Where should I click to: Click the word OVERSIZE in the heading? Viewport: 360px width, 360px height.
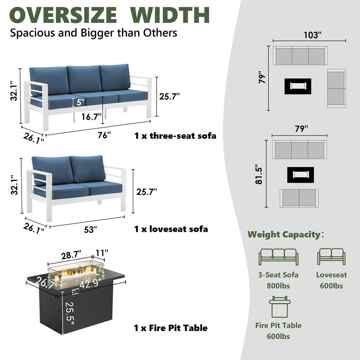pyautogui.click(x=63, y=15)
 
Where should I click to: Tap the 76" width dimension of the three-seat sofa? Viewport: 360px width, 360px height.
pyautogui.click(x=104, y=135)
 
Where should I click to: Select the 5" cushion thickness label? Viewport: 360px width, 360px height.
pyautogui.click(x=81, y=102)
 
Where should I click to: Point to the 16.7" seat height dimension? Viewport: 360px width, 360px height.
pyautogui.click(x=91, y=117)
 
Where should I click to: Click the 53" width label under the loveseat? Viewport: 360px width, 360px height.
pyautogui.click(x=90, y=229)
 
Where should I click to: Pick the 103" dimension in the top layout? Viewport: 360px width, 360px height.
pyautogui.click(x=312, y=35)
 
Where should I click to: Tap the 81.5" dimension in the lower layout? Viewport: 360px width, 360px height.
pyautogui.click(x=259, y=174)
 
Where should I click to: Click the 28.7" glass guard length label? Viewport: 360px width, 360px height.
pyautogui.click(x=71, y=255)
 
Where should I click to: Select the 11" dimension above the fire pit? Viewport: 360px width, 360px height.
pyautogui.click(x=102, y=253)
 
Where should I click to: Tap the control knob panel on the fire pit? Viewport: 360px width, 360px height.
pyautogui.click(x=75, y=292)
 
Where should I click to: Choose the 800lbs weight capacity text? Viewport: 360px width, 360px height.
pyautogui.click(x=278, y=286)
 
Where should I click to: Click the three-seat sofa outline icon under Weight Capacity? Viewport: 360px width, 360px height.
pyautogui.click(x=279, y=257)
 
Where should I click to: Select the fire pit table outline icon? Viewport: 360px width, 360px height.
pyautogui.click(x=279, y=307)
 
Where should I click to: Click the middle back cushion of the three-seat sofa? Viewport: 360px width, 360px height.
pyautogui.click(x=84, y=79)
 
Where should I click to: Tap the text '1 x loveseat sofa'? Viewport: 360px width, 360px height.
pyautogui.click(x=171, y=229)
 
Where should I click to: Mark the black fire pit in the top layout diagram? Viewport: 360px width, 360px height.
pyautogui.click(x=298, y=86)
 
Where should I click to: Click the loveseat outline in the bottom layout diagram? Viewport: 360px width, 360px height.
pyautogui.click(x=299, y=198)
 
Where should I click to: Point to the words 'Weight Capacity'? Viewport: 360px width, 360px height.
pyautogui.click(x=284, y=234)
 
